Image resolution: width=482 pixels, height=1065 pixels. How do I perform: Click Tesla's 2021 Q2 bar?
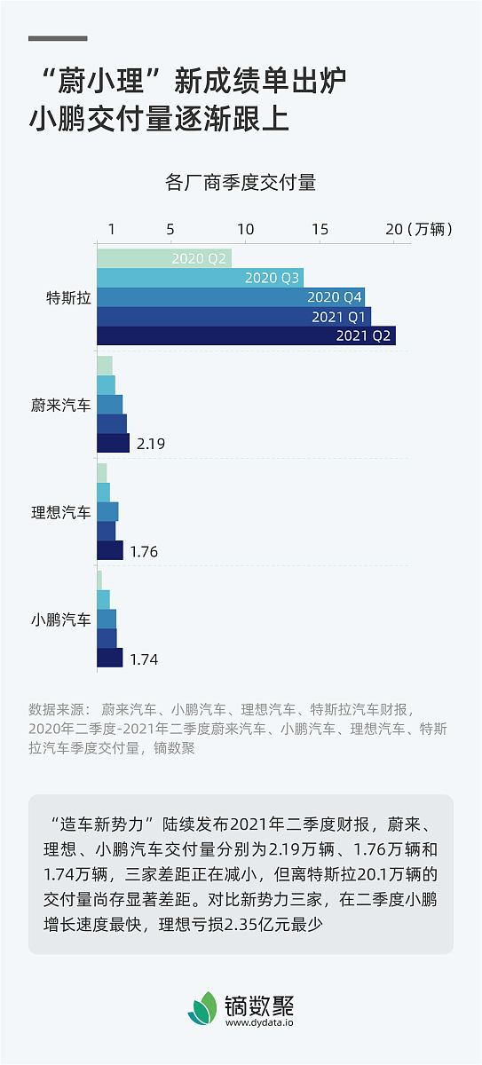[x=246, y=335]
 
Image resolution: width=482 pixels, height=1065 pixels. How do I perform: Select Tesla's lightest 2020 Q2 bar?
[x=164, y=258]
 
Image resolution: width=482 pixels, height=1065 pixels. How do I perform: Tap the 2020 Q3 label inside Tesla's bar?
[x=273, y=278]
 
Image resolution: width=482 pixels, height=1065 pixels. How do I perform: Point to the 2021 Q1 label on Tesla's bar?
[x=338, y=317]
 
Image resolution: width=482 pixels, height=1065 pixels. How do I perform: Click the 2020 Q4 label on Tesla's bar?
[x=335, y=297]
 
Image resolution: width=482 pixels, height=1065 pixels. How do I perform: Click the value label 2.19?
[x=152, y=444]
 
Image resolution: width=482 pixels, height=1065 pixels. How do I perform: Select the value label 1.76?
[x=144, y=551]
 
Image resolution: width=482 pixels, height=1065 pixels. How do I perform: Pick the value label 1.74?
[x=144, y=659]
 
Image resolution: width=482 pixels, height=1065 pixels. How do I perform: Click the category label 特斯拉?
[x=68, y=298]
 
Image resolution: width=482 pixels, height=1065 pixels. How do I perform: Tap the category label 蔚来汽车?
[x=60, y=406]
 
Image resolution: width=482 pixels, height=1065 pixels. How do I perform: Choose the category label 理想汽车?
[x=60, y=513]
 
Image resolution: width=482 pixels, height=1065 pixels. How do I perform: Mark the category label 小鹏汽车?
[x=60, y=620]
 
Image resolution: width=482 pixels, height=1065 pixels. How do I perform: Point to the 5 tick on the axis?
[x=170, y=229]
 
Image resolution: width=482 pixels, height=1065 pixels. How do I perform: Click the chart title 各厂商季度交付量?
[x=241, y=184]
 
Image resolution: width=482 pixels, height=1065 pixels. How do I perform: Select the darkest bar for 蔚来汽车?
[x=113, y=443]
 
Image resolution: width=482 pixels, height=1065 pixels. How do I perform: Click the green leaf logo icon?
[x=202, y=1008]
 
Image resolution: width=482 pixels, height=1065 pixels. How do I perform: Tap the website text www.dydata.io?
[x=259, y=1022]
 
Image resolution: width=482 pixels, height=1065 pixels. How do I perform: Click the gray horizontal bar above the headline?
[x=58, y=38]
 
